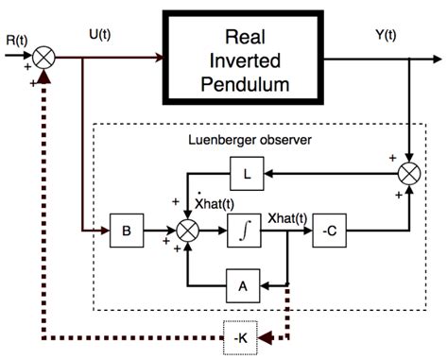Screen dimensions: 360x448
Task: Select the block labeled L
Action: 241,174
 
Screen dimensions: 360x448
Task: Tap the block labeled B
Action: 125,229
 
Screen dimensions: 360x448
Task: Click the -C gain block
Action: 330,229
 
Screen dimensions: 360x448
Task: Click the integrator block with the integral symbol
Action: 243,229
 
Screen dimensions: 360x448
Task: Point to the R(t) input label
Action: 16,42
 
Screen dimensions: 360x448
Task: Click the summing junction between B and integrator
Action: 188,229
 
